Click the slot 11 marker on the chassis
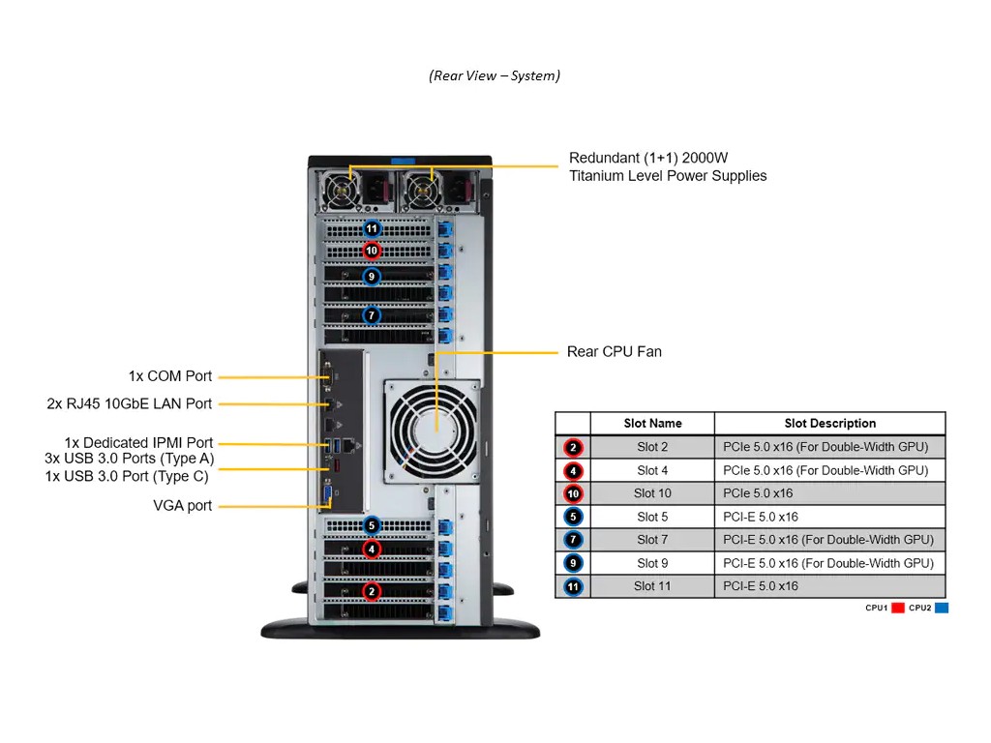tap(372, 229)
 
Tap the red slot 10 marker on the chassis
tap(372, 251)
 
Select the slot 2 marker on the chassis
tap(372, 591)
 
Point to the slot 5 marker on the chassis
tap(372, 526)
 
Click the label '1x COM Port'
tap(170, 376)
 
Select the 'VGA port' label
tap(183, 505)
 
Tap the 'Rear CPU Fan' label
tap(615, 352)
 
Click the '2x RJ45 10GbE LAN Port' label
tap(130, 403)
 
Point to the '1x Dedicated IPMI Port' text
tap(139, 443)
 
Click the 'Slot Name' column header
tap(652, 424)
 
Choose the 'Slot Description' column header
tap(829, 424)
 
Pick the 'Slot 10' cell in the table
tap(652, 493)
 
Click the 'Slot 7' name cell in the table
tap(652, 540)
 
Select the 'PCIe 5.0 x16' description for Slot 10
tap(758, 493)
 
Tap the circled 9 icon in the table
tap(572, 563)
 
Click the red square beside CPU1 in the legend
tap(897, 608)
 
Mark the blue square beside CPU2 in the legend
tap(942, 608)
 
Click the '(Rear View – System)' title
tap(495, 75)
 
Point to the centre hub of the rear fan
tap(433, 428)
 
